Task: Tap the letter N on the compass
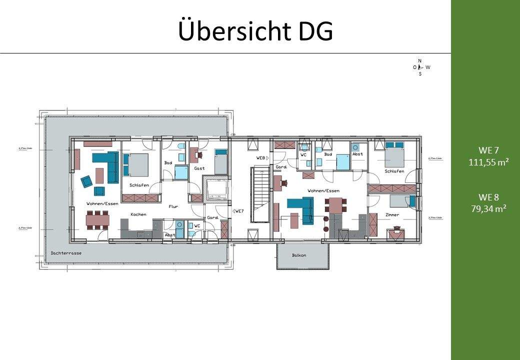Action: (419, 60)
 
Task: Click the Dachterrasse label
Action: (66, 253)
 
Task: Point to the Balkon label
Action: (299, 255)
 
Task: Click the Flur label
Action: (173, 206)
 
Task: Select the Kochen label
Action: (138, 214)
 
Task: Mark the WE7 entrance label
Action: (238, 211)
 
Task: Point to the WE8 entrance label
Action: (260, 157)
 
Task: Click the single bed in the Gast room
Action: (221, 160)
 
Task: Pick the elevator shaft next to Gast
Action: (217, 189)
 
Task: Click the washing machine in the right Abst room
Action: (355, 147)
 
